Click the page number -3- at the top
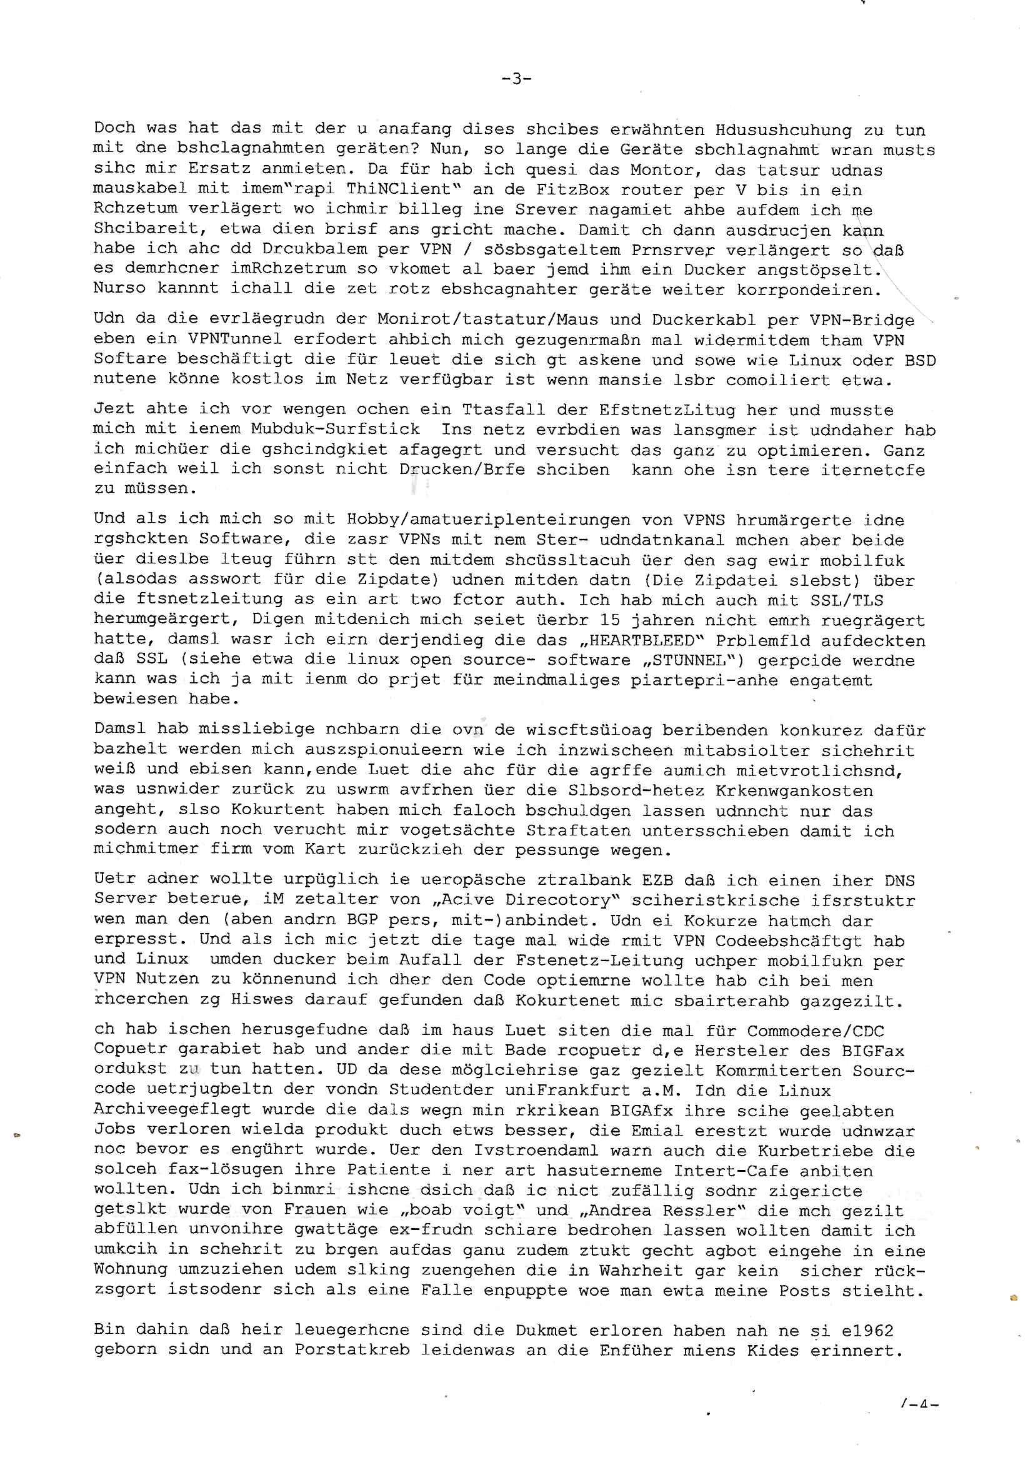tap(517, 79)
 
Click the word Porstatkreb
tap(351, 1351)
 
